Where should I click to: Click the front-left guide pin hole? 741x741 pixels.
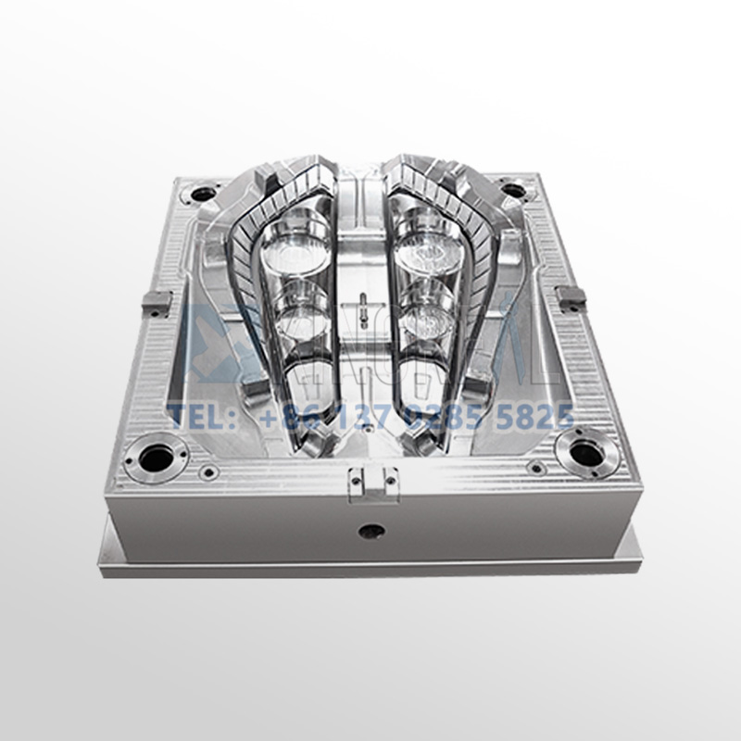tap(157, 457)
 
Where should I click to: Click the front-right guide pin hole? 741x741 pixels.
tap(584, 453)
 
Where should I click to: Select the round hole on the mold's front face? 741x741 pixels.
tap(371, 532)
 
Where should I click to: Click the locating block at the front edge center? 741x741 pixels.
tap(371, 481)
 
